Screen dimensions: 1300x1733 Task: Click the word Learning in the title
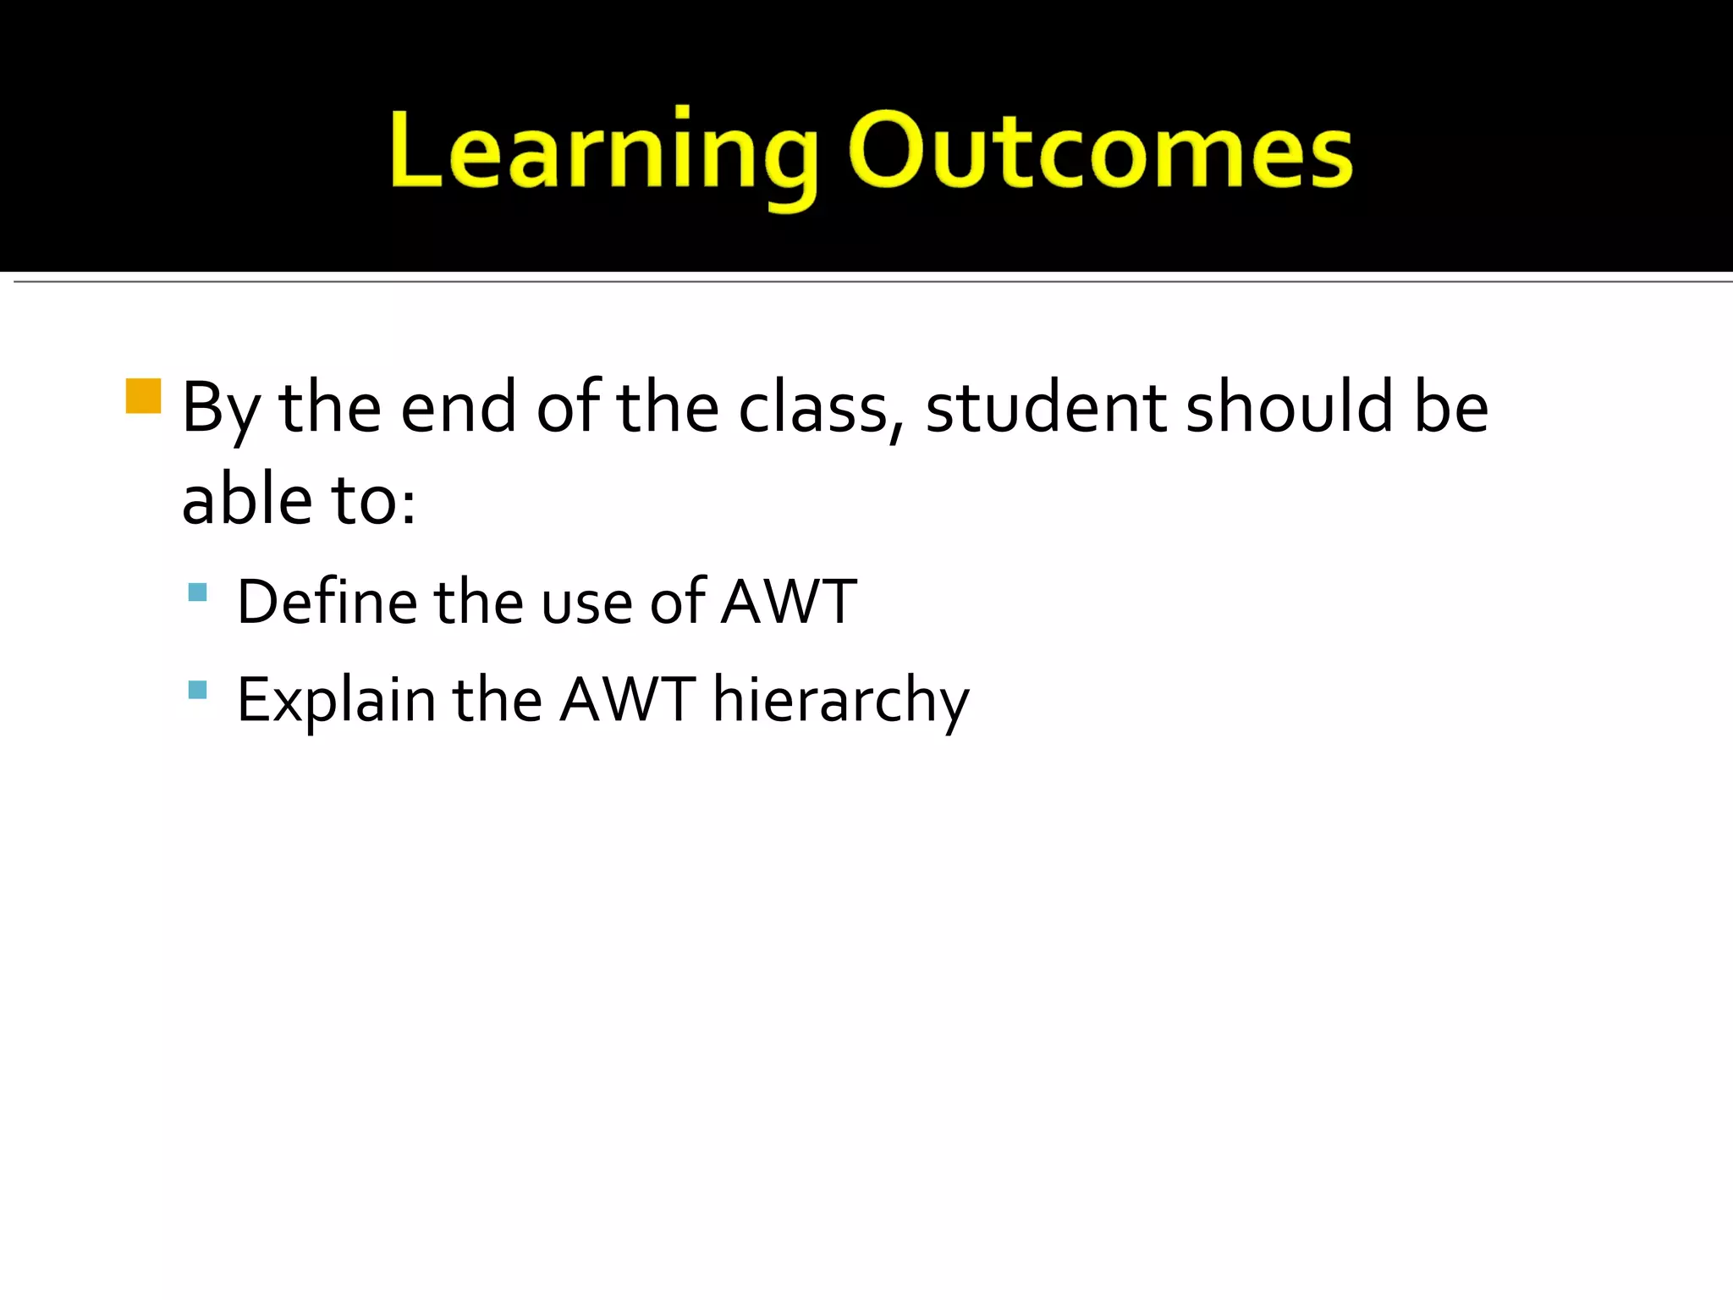[602, 152]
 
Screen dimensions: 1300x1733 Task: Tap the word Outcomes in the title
[1100, 152]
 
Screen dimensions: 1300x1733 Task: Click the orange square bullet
[143, 396]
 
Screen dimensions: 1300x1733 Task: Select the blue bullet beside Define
[197, 592]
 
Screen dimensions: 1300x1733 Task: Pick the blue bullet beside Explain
[197, 690]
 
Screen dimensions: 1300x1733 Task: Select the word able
[247, 500]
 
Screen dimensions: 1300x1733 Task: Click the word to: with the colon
[373, 502]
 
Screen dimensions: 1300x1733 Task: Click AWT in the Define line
[789, 602]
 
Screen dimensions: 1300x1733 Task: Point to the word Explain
[336, 702]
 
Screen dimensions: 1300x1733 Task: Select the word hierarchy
[841, 702]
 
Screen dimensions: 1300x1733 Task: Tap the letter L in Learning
[415, 151]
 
